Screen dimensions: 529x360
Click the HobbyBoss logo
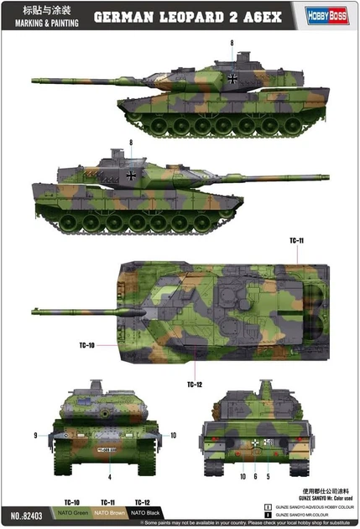(x=332, y=14)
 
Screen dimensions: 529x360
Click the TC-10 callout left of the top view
(x=87, y=344)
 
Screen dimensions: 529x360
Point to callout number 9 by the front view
(x=36, y=435)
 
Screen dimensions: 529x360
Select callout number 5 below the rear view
(x=268, y=477)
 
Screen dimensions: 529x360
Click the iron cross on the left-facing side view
(x=231, y=78)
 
